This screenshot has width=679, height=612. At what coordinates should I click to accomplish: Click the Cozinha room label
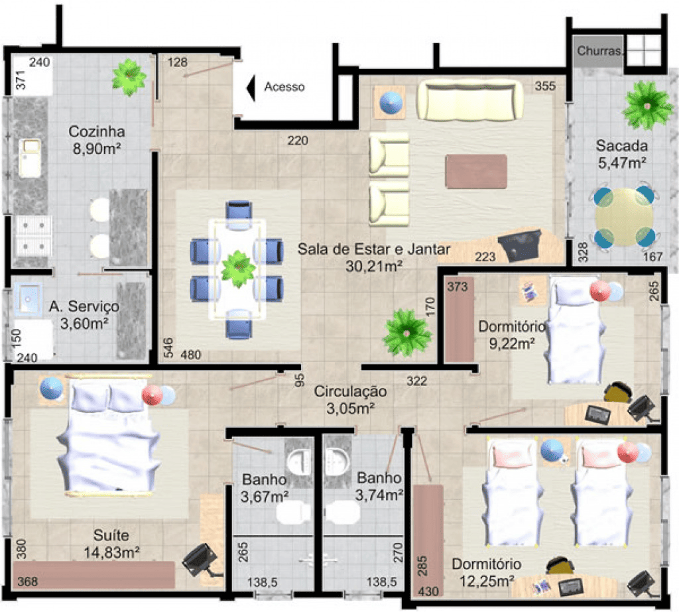(x=97, y=131)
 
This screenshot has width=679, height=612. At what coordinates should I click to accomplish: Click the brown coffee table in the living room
(x=476, y=171)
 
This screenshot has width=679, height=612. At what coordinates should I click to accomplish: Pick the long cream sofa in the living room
(x=469, y=101)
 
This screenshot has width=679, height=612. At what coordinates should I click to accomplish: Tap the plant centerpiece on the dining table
(x=237, y=269)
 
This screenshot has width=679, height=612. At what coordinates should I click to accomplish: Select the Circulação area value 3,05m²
(x=350, y=408)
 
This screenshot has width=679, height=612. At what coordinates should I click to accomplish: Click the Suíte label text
(x=111, y=535)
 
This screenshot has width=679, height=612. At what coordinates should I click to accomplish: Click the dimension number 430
(x=429, y=591)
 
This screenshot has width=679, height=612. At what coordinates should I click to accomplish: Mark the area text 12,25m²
(x=487, y=581)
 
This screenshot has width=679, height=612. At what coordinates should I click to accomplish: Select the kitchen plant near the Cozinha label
(x=129, y=77)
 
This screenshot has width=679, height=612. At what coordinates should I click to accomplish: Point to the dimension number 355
(x=545, y=86)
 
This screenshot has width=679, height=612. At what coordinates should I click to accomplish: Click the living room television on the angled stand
(x=520, y=245)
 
